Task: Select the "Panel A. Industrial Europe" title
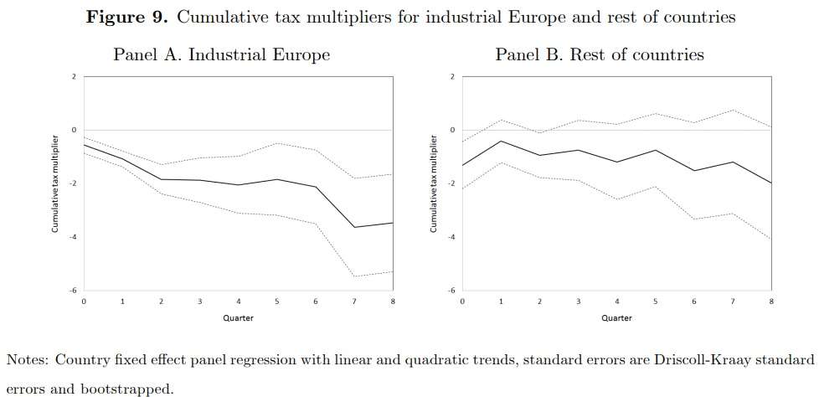coord(221,55)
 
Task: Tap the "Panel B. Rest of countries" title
coord(600,55)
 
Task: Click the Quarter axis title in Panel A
coord(238,318)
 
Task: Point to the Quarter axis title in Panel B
coord(616,318)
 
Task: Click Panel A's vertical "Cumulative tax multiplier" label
coord(55,183)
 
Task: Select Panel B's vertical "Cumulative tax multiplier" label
coord(434,183)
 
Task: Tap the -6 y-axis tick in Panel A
coord(73,291)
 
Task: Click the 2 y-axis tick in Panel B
coord(452,77)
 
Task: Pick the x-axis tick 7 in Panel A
coord(353,301)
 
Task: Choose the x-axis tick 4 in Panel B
coord(616,301)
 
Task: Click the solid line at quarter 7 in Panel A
coord(353,227)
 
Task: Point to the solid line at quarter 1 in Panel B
coord(500,142)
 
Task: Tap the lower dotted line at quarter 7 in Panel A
coord(353,276)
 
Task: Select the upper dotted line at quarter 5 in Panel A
coord(276,143)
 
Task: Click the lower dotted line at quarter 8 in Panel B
coord(770,240)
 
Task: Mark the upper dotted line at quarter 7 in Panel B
coord(732,110)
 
